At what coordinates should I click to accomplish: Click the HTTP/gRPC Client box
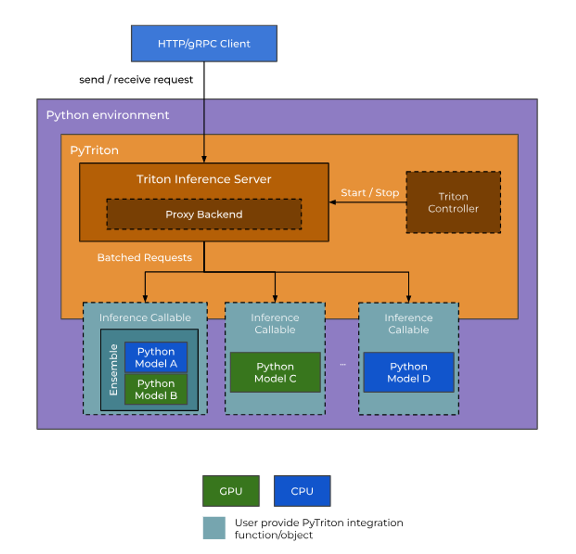(204, 44)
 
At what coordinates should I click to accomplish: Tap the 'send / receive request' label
(136, 80)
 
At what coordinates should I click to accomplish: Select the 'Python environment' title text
(107, 115)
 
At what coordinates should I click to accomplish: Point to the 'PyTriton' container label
(94, 150)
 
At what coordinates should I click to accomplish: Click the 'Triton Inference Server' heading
(204, 179)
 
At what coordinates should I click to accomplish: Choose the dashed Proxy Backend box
(204, 214)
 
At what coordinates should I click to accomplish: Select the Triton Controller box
(453, 202)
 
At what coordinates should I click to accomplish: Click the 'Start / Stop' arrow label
(370, 192)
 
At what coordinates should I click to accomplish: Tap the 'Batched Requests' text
(145, 257)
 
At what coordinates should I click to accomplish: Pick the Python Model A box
(156, 357)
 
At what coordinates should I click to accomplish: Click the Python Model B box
(156, 389)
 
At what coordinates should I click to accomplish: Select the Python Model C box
(275, 372)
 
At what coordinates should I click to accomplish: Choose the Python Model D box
(408, 372)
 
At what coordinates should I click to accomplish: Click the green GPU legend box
(231, 491)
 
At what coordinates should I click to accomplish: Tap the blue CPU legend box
(302, 491)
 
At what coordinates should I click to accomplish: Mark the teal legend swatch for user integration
(214, 528)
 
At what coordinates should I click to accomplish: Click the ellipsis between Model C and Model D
(343, 364)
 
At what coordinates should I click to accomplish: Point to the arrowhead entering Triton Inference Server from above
(204, 159)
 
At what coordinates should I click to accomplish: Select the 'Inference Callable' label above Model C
(275, 324)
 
